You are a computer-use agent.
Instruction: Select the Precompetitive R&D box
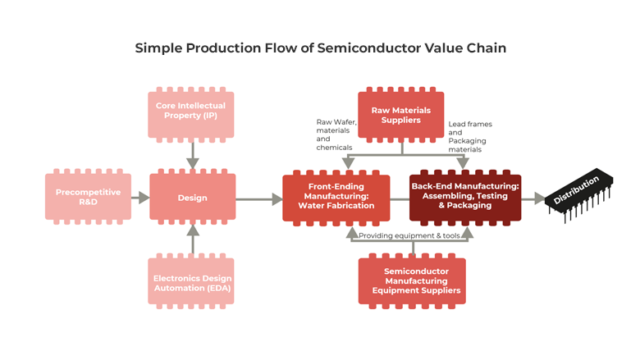(x=88, y=198)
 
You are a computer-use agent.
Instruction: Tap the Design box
(x=192, y=198)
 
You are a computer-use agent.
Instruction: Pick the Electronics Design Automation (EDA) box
(x=190, y=283)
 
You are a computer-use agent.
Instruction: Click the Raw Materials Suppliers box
(x=400, y=115)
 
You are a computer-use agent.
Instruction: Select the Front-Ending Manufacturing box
(x=338, y=198)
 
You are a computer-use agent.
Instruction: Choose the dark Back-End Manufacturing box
(x=464, y=198)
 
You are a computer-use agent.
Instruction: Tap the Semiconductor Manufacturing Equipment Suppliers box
(x=411, y=281)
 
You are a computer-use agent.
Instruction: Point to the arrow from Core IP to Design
(x=192, y=154)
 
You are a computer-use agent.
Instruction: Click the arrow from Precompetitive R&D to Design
(x=140, y=198)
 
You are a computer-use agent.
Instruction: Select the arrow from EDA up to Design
(x=192, y=239)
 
